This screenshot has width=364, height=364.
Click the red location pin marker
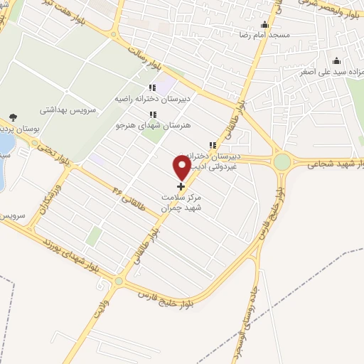181,168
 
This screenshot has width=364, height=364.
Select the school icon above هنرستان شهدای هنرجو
152,114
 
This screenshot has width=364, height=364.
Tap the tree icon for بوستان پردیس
14,118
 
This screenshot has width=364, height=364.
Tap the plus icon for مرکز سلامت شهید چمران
181,186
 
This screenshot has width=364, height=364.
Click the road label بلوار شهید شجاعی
336,164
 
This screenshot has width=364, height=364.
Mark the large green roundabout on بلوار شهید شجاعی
282,162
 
